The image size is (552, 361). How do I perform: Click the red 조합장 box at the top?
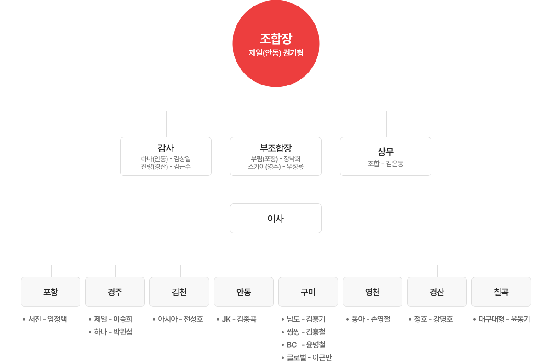pyautogui.click(x=276, y=44)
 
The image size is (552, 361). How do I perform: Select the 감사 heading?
pyautogui.click(x=166, y=148)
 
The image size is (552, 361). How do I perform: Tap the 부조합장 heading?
pyautogui.click(x=276, y=148)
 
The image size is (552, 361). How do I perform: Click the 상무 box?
pyautogui.click(x=385, y=156)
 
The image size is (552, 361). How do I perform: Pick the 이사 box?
pyautogui.click(x=276, y=219)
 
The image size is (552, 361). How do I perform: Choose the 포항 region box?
pyautogui.click(x=51, y=292)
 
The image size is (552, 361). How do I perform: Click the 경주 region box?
pyautogui.click(x=115, y=292)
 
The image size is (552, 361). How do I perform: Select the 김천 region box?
pyautogui.click(x=179, y=292)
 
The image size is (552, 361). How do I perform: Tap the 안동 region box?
pyautogui.click(x=244, y=292)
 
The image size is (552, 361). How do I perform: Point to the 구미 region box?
pyautogui.click(x=308, y=292)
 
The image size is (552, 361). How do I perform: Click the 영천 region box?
pyautogui.click(x=373, y=292)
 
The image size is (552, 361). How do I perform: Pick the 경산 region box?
pyautogui.click(x=437, y=292)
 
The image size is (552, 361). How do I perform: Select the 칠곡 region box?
pyautogui.click(x=501, y=292)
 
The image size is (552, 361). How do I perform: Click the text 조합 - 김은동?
pyautogui.click(x=385, y=164)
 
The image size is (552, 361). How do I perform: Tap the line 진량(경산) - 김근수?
pyautogui.click(x=166, y=167)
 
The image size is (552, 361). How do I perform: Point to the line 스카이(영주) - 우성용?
pyautogui.click(x=276, y=167)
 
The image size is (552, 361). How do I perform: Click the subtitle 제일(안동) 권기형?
pyautogui.click(x=276, y=53)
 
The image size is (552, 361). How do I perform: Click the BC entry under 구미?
pyautogui.click(x=306, y=344)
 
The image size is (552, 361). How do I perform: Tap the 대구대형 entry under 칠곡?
pyautogui.click(x=504, y=319)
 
